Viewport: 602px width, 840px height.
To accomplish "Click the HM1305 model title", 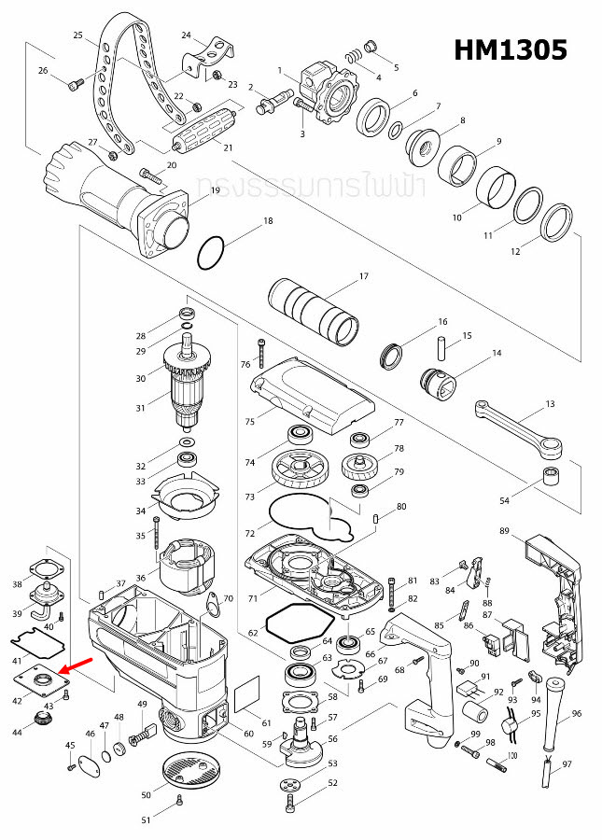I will tap(511, 50).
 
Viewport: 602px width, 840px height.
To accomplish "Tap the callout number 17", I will tap(364, 276).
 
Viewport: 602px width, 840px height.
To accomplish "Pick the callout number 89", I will tap(504, 531).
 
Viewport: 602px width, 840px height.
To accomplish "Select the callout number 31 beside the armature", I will tap(141, 407).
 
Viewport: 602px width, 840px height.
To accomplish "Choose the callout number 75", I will tap(249, 422).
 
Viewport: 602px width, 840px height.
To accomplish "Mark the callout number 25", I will tap(78, 35).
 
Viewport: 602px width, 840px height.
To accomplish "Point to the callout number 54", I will tap(505, 501).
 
